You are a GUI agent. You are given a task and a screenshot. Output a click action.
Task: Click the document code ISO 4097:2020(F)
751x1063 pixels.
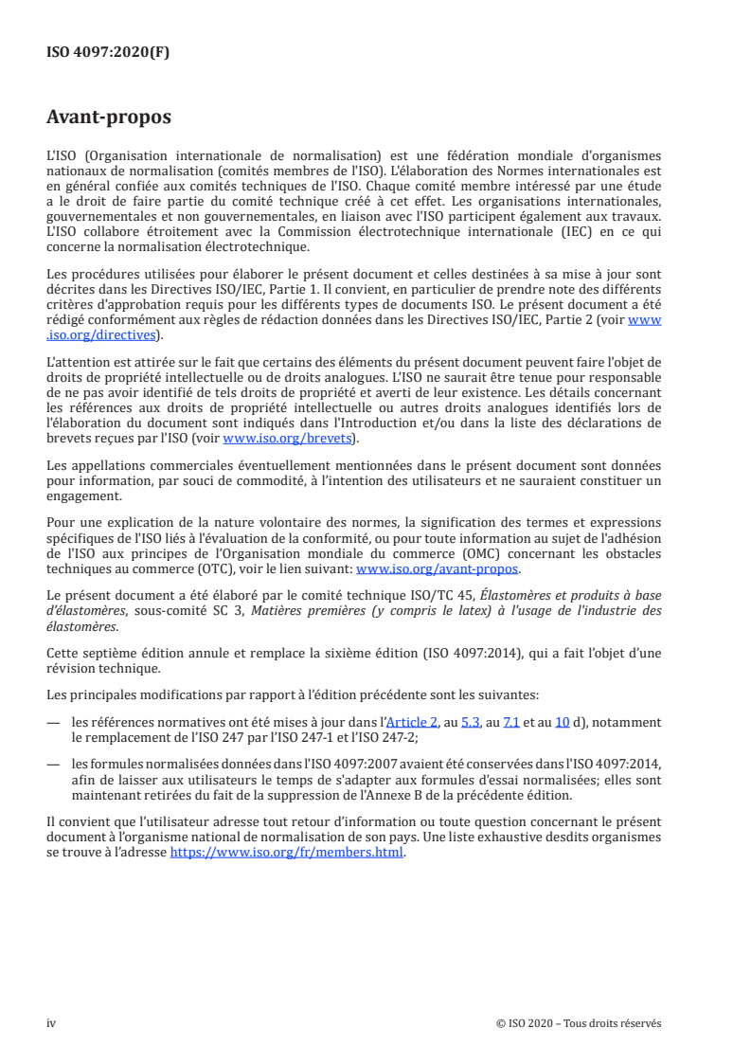108,52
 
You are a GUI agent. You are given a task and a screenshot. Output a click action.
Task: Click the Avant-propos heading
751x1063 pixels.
109,118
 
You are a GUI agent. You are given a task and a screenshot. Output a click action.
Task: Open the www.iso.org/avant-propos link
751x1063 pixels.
437,569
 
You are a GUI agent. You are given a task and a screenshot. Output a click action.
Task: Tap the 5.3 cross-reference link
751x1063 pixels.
471,722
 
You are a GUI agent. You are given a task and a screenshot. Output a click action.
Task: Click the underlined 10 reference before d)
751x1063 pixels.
562,722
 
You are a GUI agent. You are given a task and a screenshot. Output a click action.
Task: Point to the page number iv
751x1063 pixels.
51,1023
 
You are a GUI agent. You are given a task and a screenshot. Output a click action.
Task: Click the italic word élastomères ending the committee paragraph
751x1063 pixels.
82,626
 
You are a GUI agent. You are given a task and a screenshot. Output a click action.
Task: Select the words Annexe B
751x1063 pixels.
437,793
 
